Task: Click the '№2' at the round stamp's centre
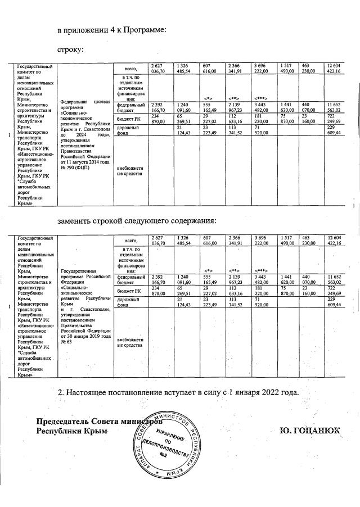164,454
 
